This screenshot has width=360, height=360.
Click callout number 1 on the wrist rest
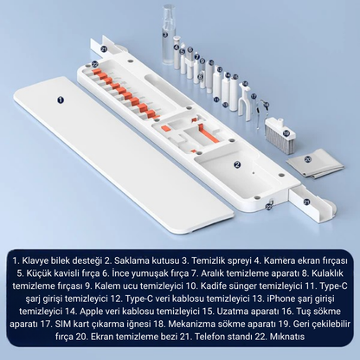(x=61, y=100)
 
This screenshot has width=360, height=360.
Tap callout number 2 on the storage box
(x=237, y=162)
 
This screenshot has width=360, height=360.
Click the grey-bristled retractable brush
(x=278, y=131)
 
